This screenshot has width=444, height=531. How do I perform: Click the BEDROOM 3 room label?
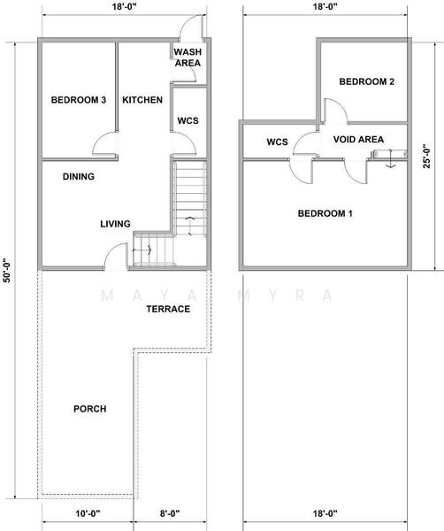tap(79, 100)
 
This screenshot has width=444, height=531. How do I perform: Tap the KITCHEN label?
tap(142, 100)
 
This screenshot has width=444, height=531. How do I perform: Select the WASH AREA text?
tap(188, 58)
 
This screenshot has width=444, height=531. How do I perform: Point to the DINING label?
tap(79, 176)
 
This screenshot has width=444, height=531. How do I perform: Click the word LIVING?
tap(115, 224)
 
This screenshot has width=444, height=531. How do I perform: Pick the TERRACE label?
tap(168, 309)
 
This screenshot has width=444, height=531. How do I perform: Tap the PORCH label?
tap(90, 409)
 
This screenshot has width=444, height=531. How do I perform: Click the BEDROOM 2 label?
tap(367, 81)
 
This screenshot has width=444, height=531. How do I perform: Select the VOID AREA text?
tap(359, 140)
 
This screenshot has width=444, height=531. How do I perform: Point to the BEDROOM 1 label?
tap(325, 213)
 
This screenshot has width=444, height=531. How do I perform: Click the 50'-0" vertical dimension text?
tap(7, 271)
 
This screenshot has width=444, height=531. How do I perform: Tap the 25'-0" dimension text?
tap(427, 156)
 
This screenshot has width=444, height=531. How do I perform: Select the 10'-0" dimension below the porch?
tap(88, 513)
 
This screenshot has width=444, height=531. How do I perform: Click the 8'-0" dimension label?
tap(170, 513)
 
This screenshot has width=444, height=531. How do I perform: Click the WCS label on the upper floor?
tap(277, 142)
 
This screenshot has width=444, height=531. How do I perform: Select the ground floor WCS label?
tap(188, 121)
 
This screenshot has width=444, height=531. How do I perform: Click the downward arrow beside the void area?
tap(391, 158)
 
